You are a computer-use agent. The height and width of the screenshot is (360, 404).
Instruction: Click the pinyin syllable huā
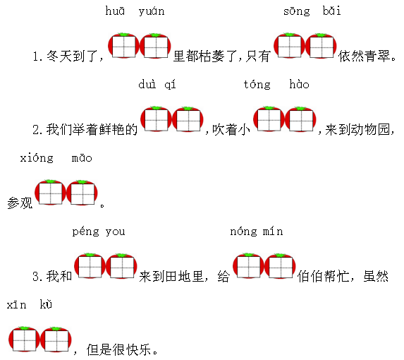pyautogui.click(x=115, y=11)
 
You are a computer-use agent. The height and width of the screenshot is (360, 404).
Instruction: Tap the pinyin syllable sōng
pyautogui.click(x=297, y=11)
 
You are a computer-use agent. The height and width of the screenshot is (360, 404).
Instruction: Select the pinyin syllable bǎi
pyautogui.click(x=332, y=11)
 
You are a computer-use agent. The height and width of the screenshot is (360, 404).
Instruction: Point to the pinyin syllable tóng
pyautogui.click(x=257, y=85)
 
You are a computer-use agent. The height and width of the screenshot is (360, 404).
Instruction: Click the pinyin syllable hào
pyautogui.click(x=299, y=84)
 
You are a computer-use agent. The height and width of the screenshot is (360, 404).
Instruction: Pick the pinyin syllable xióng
pyautogui.click(x=37, y=158)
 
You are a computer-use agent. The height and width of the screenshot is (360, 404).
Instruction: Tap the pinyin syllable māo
pyautogui.click(x=82, y=157)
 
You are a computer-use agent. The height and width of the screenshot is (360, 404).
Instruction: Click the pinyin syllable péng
pyautogui.click(x=85, y=232)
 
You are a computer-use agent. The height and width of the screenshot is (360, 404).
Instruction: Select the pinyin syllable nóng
pyautogui.click(x=243, y=232)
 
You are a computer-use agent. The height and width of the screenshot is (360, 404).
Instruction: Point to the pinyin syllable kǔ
pyautogui.click(x=46, y=304)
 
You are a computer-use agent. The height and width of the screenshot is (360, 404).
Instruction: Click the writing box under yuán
pyautogui.click(x=156, y=47)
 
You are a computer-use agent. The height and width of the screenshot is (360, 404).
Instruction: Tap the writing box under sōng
pyautogui.click(x=290, y=47)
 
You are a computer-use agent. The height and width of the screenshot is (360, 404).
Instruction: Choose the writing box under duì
pyautogui.click(x=157, y=120)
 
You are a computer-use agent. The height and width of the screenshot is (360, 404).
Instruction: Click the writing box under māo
pyautogui.click(x=82, y=194)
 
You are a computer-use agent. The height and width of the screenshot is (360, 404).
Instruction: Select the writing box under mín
pyautogui.click(x=281, y=268)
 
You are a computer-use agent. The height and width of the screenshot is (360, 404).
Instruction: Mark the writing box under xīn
pyautogui.click(x=24, y=340)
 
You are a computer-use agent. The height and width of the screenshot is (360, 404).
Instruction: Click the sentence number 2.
pyautogui.click(x=37, y=130)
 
